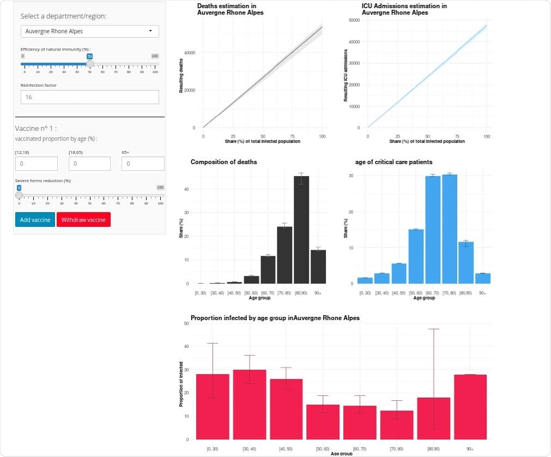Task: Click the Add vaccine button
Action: (35, 220)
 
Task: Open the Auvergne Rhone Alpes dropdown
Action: (90, 31)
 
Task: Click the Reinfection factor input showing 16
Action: (90, 97)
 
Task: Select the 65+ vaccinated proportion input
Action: (143, 164)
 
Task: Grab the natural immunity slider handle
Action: (90, 64)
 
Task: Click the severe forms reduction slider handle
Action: (19, 195)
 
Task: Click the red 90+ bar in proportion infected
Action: (470, 407)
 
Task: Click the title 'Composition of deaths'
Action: (223, 162)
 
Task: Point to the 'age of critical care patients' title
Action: (393, 162)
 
